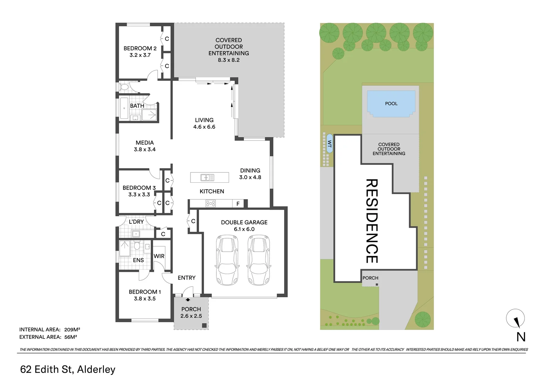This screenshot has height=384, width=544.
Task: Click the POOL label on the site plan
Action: click(391, 103)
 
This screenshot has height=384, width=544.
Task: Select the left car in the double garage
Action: click(227, 260)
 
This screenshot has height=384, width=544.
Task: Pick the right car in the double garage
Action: click(259, 260)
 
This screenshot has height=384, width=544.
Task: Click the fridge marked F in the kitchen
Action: click(238, 203)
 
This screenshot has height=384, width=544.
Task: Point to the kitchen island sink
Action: click(207, 177)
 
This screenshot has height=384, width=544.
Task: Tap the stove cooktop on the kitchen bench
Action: click(210, 203)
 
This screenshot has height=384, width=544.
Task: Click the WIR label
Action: click(159, 256)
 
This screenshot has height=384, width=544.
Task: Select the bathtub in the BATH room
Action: click(124, 108)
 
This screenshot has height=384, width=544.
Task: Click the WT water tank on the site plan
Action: click(330, 144)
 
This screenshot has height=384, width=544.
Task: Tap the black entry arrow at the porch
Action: click(188, 300)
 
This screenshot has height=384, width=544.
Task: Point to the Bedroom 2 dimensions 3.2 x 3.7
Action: click(140, 55)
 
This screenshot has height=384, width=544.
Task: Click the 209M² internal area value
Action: click(72, 329)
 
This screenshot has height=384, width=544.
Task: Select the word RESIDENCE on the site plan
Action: click(372, 221)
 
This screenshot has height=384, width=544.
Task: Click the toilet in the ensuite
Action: click(137, 245)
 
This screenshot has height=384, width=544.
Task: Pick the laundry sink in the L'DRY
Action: click(136, 234)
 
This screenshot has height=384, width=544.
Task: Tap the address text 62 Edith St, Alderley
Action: click(68, 369)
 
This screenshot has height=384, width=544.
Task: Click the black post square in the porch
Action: click(204, 326)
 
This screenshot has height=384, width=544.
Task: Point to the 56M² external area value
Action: click(71, 337)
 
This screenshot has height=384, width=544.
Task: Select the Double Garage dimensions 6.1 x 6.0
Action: click(244, 229)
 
